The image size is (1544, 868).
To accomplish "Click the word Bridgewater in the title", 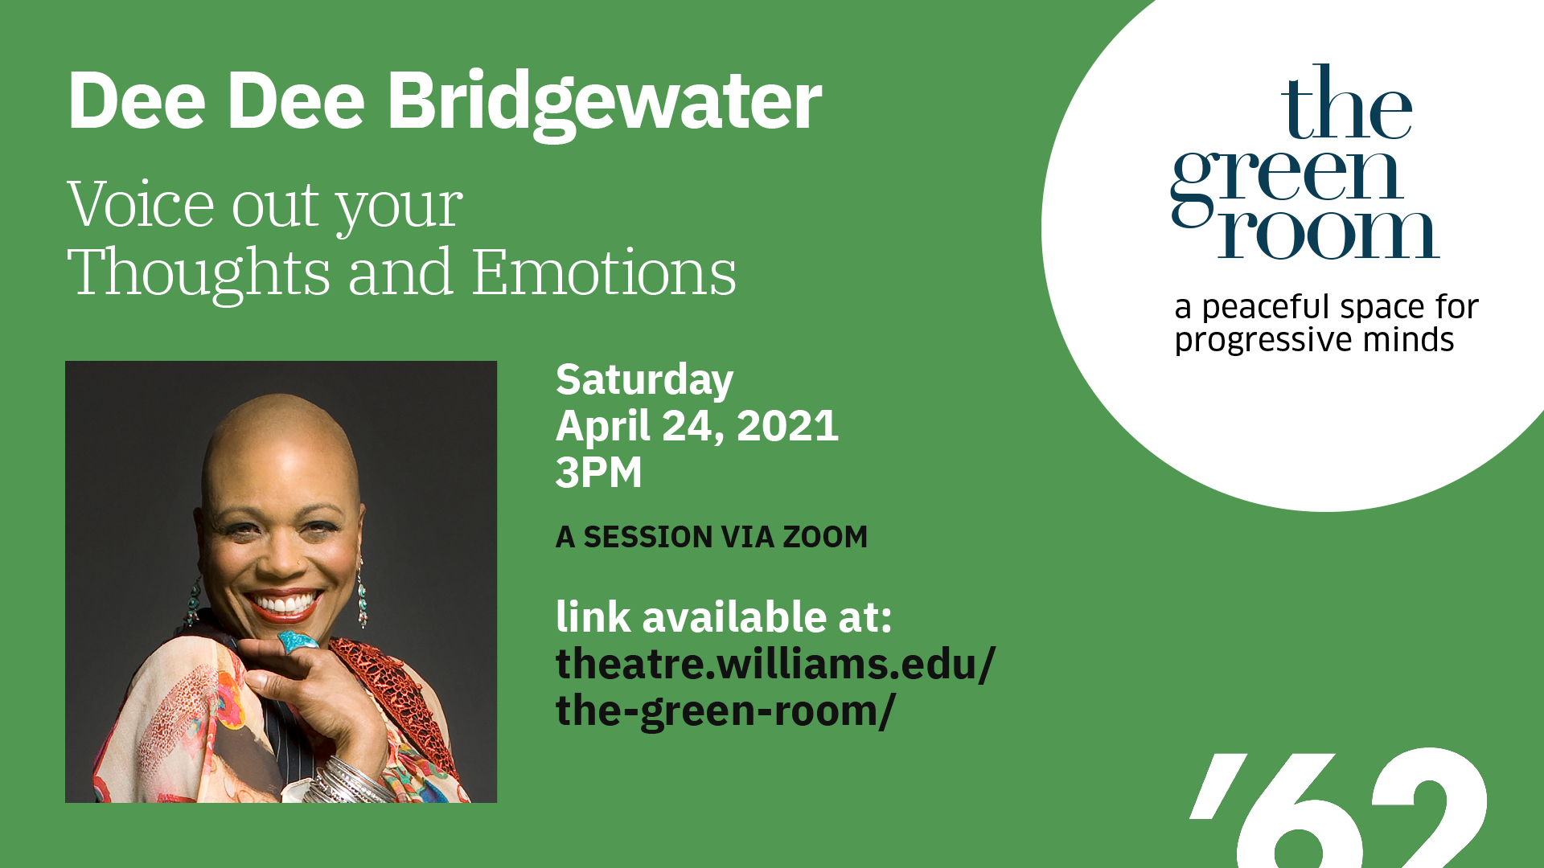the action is tap(605, 103).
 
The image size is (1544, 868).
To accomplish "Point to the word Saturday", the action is tap(644, 380).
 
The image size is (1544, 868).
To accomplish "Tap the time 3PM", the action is tap(599, 472).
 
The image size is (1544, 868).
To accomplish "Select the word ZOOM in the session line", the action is tap(826, 537).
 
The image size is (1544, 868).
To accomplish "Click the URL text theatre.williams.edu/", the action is tap(775, 665).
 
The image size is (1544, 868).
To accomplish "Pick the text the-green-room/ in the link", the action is tap(725, 711).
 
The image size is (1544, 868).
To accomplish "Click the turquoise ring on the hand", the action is tap(298, 641).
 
